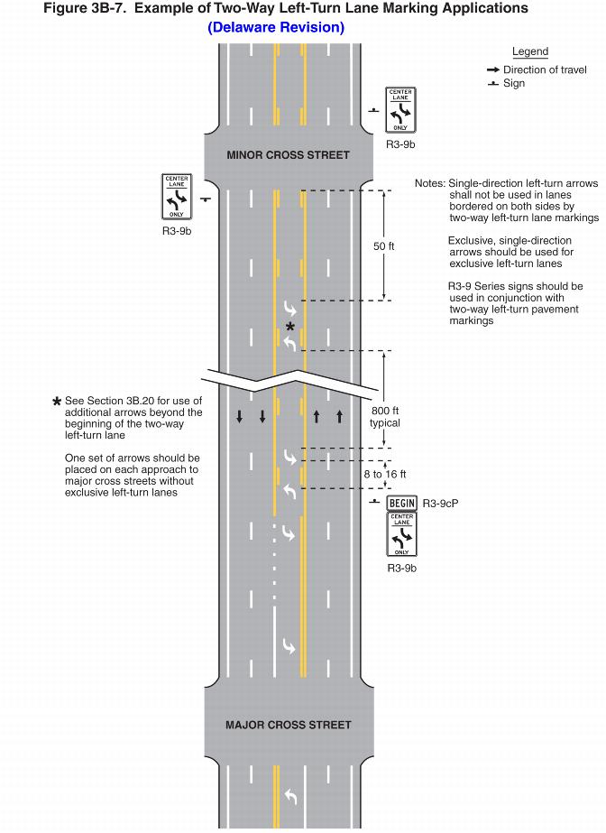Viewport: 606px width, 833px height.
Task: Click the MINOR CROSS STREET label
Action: point(288,155)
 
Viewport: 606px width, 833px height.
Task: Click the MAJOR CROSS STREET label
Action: point(288,725)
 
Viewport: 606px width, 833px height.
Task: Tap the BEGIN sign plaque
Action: point(401,503)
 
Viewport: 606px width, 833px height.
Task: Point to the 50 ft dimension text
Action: point(385,246)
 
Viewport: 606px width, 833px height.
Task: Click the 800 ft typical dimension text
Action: point(385,416)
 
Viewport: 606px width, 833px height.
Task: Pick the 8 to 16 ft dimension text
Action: point(385,474)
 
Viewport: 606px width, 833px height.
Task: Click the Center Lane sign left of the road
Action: point(177,197)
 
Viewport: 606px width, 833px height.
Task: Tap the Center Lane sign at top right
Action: point(400,110)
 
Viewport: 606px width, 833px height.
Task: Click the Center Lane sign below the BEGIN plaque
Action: point(401,534)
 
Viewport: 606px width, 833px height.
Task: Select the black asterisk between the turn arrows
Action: point(289,327)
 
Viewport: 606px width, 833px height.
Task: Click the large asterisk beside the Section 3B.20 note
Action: point(58,402)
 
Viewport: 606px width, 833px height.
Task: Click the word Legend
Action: point(530,51)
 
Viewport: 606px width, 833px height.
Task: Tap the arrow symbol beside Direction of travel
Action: point(492,69)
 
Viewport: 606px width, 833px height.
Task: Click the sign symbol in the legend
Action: point(492,84)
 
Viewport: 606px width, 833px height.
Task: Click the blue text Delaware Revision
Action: point(276,28)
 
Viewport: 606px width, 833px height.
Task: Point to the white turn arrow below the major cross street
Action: point(289,795)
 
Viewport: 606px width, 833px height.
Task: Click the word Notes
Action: point(429,183)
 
